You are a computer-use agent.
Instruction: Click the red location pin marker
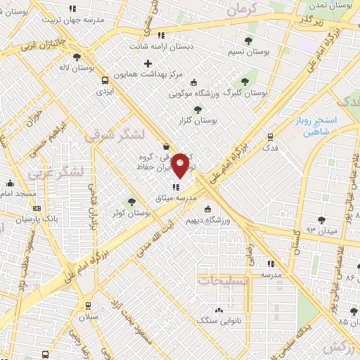coord(180,165)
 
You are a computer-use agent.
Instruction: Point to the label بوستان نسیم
coord(247,51)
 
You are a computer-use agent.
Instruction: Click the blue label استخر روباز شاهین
coord(322,126)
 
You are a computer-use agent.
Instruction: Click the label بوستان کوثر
coord(131,212)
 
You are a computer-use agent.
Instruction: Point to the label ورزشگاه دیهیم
coord(209,221)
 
